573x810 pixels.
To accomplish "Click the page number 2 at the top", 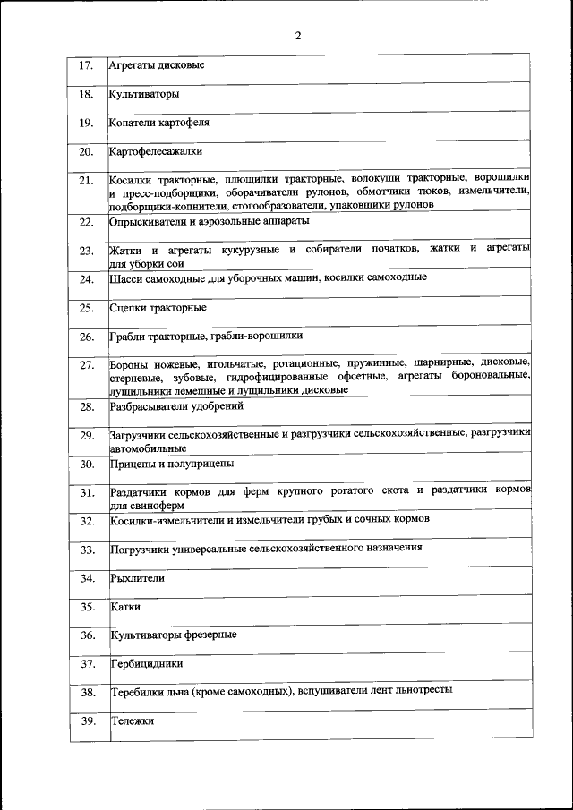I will (x=297, y=36).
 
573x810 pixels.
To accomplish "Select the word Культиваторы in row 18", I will (x=144, y=94).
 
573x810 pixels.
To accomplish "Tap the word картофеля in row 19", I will (x=184, y=122).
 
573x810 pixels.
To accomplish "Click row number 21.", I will (x=86, y=182).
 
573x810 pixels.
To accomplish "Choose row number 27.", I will (x=86, y=366).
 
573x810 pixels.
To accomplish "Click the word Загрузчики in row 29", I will (x=141, y=435).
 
